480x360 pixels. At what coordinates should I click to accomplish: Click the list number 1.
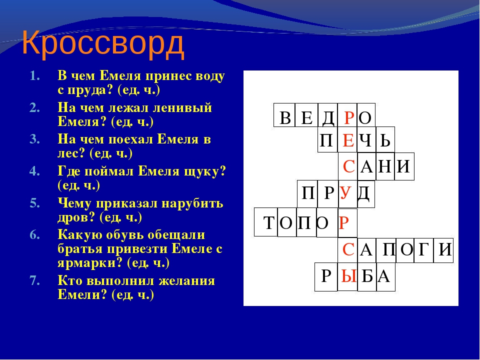[x=35, y=76]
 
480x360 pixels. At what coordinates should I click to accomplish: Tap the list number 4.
[x=34, y=171]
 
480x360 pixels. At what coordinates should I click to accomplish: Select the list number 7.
[x=34, y=280]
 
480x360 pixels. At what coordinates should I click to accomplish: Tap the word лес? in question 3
[x=70, y=153]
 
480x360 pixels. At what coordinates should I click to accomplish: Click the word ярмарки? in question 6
[x=90, y=263]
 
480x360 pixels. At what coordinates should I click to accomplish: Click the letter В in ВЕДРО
[x=285, y=117]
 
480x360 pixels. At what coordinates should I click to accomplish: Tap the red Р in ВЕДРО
[x=348, y=117]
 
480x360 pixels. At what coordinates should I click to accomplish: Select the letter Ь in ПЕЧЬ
[x=385, y=140]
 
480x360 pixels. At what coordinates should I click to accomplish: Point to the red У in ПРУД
[x=345, y=193]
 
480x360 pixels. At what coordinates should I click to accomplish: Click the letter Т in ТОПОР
[x=269, y=223]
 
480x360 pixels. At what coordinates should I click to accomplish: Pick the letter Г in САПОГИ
[x=423, y=250]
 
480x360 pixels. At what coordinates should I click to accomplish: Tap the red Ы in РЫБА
[x=348, y=276]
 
